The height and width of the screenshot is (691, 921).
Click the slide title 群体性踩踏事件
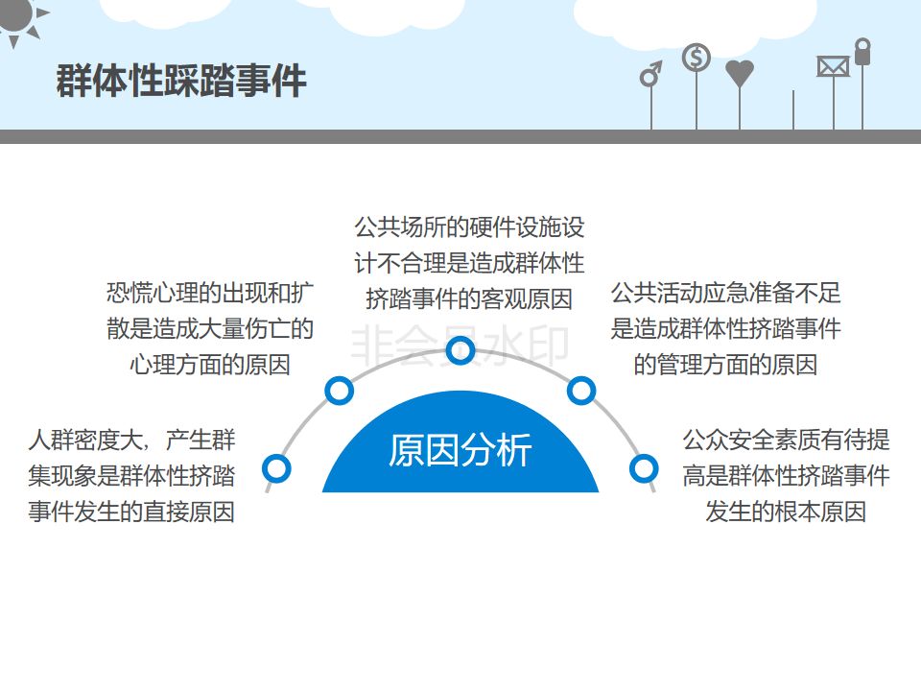181,81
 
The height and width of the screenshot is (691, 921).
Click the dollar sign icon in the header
697,58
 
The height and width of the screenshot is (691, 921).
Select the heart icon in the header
740,73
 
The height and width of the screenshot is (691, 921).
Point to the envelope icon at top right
833,66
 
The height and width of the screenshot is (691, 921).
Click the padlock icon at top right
862,52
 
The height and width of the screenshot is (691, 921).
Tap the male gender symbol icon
651,74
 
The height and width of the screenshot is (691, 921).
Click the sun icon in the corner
18,16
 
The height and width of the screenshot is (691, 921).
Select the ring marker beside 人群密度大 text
276,468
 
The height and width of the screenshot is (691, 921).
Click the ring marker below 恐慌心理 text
339,391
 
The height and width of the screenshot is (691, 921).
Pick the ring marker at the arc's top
460,352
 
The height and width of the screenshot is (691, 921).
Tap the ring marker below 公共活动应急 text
581,391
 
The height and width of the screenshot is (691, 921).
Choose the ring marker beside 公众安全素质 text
644,468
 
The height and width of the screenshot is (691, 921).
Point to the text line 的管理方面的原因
725,366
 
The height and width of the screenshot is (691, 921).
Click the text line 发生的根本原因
786,512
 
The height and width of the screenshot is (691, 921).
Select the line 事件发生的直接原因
131,512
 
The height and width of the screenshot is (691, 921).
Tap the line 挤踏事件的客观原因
469,298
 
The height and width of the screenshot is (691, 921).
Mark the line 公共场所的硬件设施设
469,227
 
